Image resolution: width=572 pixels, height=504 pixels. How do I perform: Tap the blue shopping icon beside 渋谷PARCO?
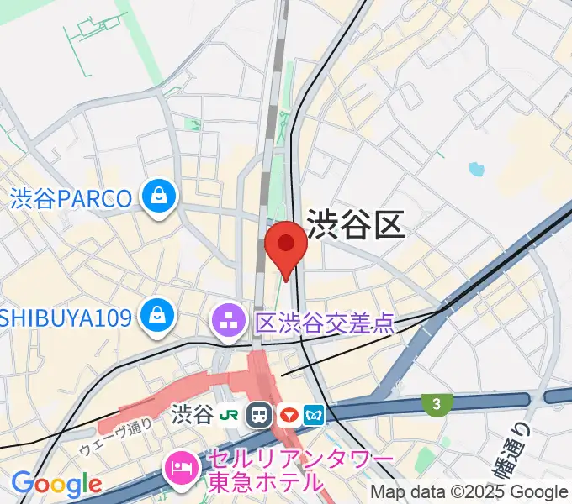pyautogui.click(x=157, y=197)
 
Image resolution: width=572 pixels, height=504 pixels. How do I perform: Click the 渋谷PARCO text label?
pyautogui.click(x=71, y=199)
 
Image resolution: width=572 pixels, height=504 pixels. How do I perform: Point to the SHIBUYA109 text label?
pyautogui.click(x=66, y=318)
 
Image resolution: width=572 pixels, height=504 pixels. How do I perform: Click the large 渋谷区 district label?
pyautogui.click(x=356, y=224)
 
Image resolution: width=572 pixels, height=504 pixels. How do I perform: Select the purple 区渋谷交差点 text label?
pyautogui.click(x=325, y=322)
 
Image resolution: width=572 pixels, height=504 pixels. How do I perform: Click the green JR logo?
pyautogui.click(x=228, y=414)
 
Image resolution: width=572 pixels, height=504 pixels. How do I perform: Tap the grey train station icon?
pyautogui.click(x=260, y=414)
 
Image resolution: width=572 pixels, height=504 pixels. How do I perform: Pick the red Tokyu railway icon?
pyautogui.click(x=289, y=414)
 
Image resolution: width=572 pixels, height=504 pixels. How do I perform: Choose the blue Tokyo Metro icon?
pyautogui.click(x=315, y=414)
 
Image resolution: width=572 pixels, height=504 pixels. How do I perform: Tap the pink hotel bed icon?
pyautogui.click(x=180, y=463)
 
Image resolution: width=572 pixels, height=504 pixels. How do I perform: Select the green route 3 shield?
pyautogui.click(x=435, y=405)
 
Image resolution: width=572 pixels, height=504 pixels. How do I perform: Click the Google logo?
pyautogui.click(x=56, y=484)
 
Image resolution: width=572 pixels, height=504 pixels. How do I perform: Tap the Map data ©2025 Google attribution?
pyautogui.click(x=469, y=492)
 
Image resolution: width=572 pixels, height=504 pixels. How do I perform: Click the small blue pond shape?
pyautogui.click(x=477, y=169)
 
